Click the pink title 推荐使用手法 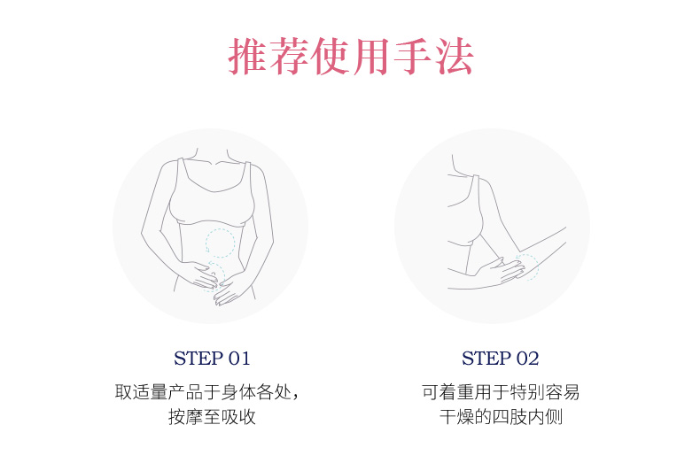pos(351,56)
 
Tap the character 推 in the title pos(247,56)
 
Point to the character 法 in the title pos(455,56)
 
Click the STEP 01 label pos(212,359)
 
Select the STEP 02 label pos(500,359)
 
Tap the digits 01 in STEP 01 pos(239,359)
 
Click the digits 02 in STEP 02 pos(528,359)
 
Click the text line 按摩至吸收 pos(212,417)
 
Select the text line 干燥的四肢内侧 pos(501,417)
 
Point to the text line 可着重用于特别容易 pos(501,392)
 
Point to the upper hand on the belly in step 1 pos(201,274)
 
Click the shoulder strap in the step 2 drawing pos(475,191)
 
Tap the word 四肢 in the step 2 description pos(509,417)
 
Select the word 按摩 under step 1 pos(186,417)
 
